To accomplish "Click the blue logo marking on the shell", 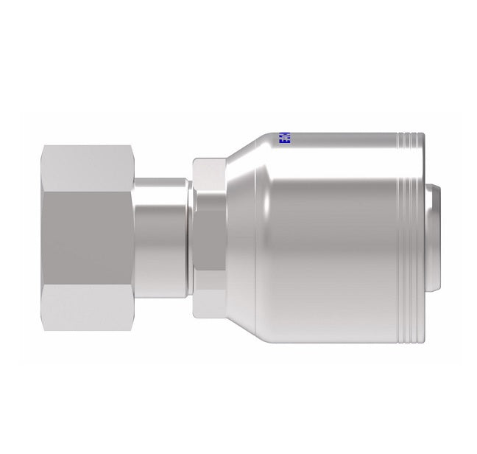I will pos(284,139).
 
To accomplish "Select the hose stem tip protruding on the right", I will pos(436,237).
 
